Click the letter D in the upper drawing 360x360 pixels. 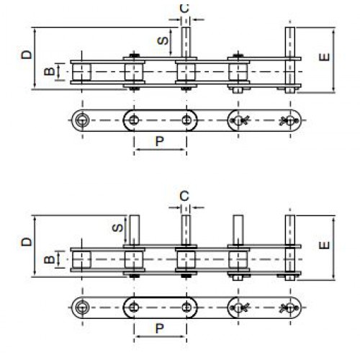tap(27, 55)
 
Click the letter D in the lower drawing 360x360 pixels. tap(27, 242)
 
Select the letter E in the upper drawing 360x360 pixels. tap(325, 57)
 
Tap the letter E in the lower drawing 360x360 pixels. tap(325, 246)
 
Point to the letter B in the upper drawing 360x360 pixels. tap(50, 71)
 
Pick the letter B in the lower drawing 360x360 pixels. tap(50, 259)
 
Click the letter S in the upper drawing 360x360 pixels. tap(163, 40)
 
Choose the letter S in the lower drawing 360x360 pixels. tap(117, 228)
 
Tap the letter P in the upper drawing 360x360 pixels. tap(160, 141)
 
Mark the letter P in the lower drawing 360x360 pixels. tap(160, 328)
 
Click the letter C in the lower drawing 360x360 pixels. tap(184, 196)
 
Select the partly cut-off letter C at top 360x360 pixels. tap(184, 9)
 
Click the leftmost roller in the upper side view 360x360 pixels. tap(82, 72)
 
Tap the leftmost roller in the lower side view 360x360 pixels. tap(82, 260)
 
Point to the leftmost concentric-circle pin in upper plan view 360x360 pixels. tap(82, 120)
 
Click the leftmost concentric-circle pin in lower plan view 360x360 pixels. tap(82, 307)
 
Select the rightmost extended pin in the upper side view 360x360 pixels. tap(290, 60)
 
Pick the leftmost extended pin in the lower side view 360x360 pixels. tap(135, 230)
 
